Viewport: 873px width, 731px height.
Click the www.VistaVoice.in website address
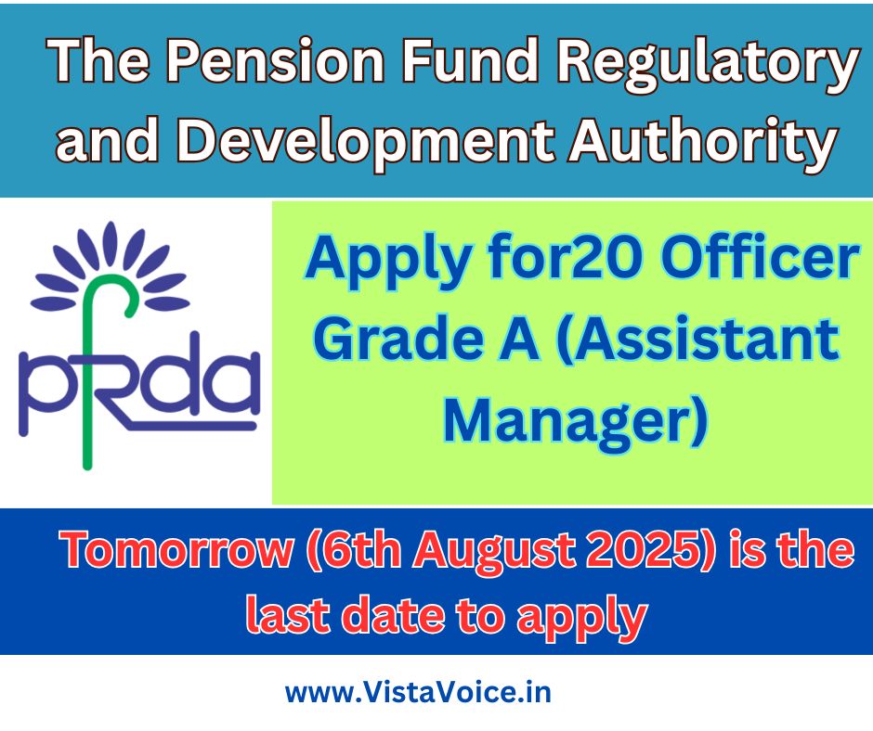coord(418,693)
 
